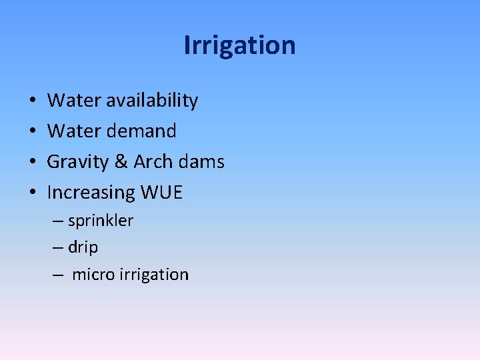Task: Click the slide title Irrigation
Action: [x=239, y=45]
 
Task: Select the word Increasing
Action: [x=91, y=193]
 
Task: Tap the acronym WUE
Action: [x=161, y=193]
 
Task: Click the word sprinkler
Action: [x=101, y=221]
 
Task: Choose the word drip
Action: [x=83, y=247]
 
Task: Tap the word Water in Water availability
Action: [x=69, y=101]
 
